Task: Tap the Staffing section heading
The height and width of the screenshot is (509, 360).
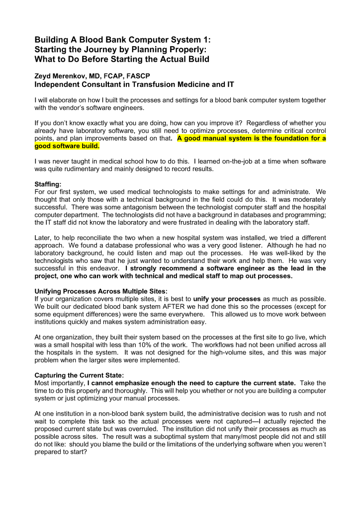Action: point(47,184)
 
